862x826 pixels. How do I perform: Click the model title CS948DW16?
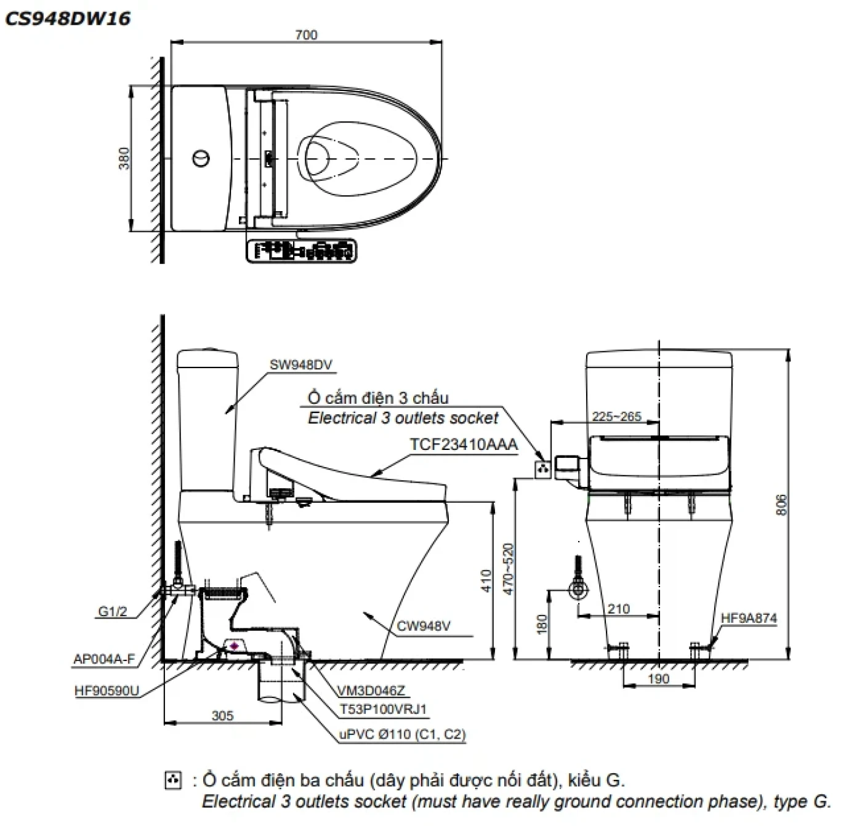(x=68, y=18)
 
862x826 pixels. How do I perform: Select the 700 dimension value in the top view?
(x=306, y=35)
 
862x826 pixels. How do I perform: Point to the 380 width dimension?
(x=124, y=158)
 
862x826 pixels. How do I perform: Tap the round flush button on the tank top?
(x=201, y=158)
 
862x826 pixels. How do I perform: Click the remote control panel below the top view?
(x=301, y=251)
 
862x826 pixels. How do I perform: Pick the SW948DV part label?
(x=300, y=364)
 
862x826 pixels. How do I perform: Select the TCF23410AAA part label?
(x=464, y=444)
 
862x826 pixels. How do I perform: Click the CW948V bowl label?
(x=423, y=626)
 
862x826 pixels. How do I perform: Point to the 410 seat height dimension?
(x=486, y=580)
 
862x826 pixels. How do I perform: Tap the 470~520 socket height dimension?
(x=508, y=568)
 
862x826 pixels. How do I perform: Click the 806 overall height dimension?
(x=781, y=505)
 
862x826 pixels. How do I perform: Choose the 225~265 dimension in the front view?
(x=616, y=417)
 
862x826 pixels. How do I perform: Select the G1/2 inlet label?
(x=112, y=611)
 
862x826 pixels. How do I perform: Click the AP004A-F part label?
(x=104, y=659)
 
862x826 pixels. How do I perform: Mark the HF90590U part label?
(x=107, y=691)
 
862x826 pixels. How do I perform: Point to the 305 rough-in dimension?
(x=222, y=715)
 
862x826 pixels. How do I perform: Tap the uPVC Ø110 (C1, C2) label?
(x=402, y=734)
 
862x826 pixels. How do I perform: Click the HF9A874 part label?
(x=749, y=618)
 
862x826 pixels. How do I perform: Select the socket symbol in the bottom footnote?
(x=174, y=780)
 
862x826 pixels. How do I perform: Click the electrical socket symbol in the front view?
(x=542, y=468)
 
